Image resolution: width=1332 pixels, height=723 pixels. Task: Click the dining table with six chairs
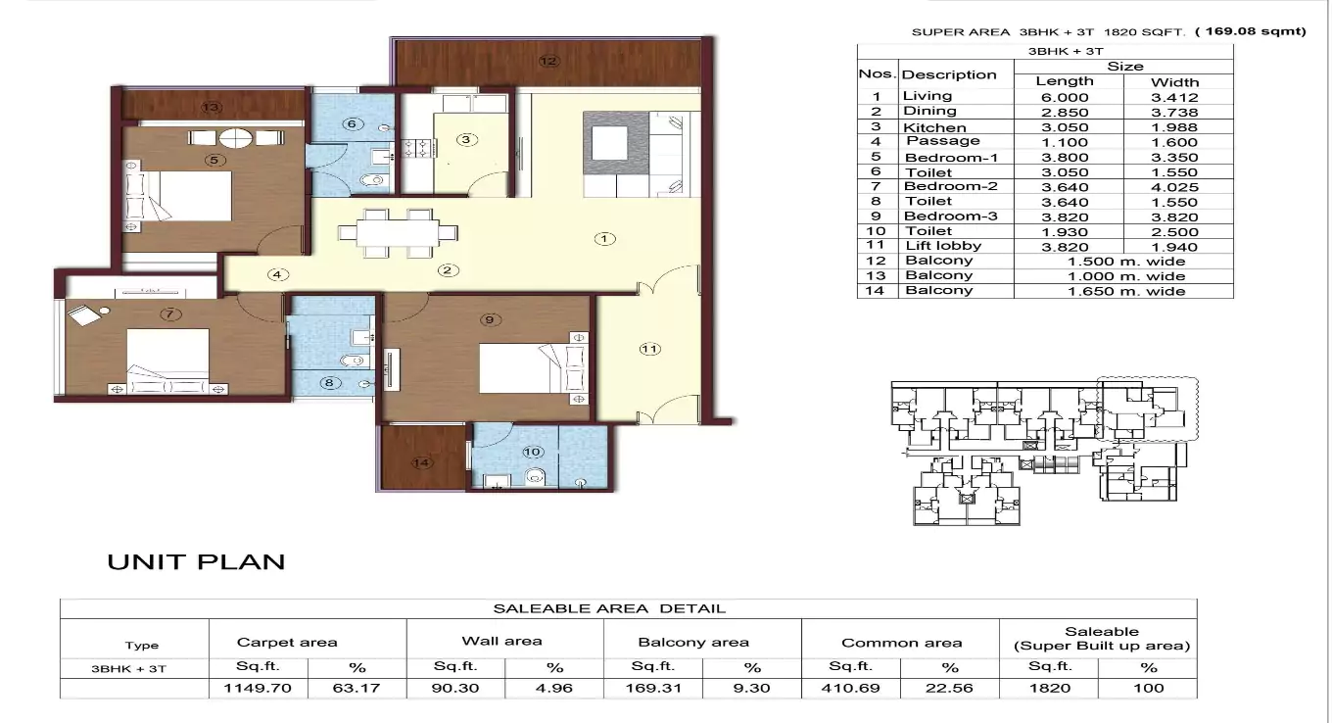398,233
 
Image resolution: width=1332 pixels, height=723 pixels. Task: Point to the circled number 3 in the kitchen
467,139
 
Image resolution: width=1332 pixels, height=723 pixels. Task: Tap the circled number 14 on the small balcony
422,462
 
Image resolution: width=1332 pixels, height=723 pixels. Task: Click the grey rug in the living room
615,145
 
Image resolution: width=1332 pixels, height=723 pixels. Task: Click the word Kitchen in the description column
934,127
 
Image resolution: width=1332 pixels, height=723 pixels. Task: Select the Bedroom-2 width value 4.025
1174,186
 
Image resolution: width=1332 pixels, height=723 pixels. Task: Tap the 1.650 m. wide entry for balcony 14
1125,291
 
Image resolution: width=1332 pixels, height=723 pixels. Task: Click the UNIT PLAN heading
196,562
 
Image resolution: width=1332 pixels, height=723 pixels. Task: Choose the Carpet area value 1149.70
259,688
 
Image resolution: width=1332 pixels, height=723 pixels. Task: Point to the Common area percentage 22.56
949,688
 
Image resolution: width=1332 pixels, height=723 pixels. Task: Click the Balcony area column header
693,643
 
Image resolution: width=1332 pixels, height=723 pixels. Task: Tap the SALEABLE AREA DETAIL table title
609,608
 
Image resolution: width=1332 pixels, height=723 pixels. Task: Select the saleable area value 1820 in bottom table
1049,688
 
